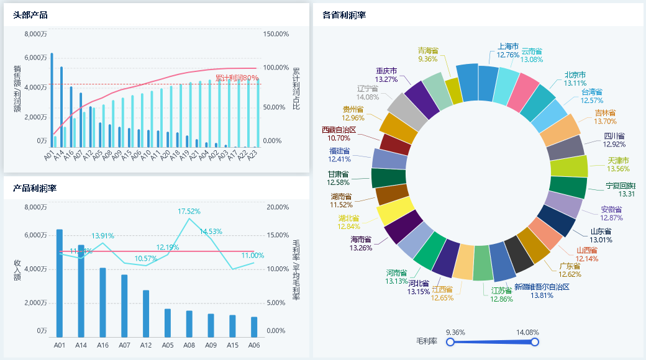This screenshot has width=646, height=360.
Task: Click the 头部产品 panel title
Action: [30, 15]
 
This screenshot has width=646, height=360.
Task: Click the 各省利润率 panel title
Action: [344, 15]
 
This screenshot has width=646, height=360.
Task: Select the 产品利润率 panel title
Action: [35, 188]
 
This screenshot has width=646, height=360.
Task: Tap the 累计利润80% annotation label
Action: [237, 78]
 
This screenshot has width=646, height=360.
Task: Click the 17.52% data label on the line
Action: [189, 212]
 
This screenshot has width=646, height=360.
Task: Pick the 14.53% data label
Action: [211, 232]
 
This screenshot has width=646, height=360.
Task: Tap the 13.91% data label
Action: [102, 236]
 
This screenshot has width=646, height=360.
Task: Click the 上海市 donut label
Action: [508, 46]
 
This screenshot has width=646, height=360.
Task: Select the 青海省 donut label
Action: [428, 50]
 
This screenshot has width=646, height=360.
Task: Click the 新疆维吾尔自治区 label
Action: [542, 287]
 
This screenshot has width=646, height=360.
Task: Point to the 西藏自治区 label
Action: [339, 130]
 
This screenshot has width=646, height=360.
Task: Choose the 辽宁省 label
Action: [368, 88]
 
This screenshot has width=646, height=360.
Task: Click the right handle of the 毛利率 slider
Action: [535, 342]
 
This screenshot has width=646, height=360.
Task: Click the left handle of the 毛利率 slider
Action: [450, 342]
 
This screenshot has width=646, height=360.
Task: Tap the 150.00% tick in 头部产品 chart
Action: [276, 34]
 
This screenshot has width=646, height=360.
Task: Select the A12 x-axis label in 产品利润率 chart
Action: [146, 345]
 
